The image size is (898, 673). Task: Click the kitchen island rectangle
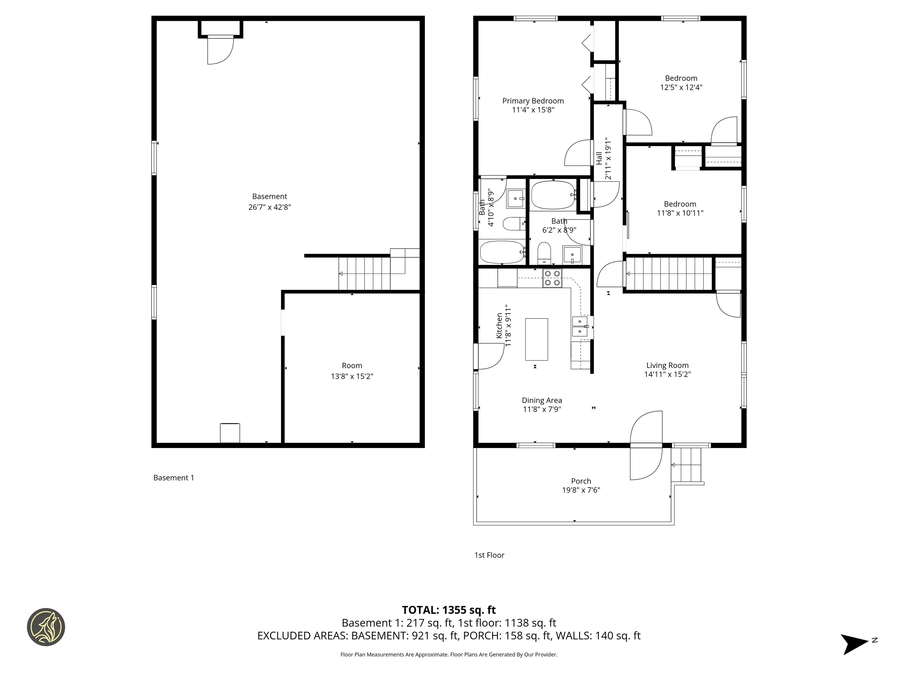pos(536,339)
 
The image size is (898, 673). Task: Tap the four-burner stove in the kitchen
pos(552,278)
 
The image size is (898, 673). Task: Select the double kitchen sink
pos(580,327)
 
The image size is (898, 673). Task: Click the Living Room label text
pos(667,365)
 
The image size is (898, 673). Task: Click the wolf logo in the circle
pos(46,627)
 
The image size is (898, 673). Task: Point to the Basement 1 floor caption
pos(174,478)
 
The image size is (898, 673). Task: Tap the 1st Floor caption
pos(489,555)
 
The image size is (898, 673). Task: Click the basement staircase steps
pos(365,274)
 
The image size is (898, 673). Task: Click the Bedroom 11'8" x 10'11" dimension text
pos(680,213)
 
